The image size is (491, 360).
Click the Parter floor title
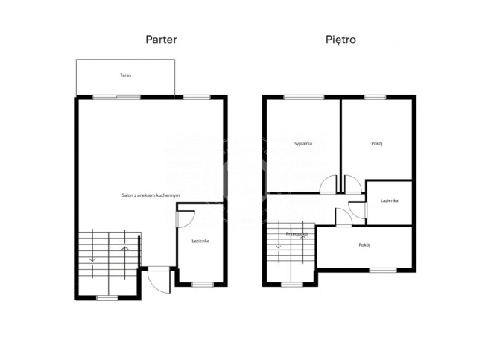tap(161, 40)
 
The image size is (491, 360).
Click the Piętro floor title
tap(340, 40)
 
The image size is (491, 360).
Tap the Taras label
tap(126, 75)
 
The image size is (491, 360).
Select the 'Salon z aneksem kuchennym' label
tap(151, 195)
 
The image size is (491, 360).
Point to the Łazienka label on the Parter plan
tap(200, 241)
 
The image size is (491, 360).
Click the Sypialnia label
tap(303, 144)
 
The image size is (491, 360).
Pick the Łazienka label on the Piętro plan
tap(389, 200)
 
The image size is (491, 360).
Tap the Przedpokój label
tap(297, 234)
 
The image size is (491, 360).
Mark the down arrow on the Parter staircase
tap(92, 253)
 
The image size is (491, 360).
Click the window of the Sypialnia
tap(304, 97)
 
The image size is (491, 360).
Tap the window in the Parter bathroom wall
tap(203, 285)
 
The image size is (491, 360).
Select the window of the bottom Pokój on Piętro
tap(383, 270)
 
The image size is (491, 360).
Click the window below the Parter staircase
tap(107, 298)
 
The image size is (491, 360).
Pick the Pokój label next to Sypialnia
tap(377, 144)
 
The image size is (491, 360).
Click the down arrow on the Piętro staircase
tap(279, 241)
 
